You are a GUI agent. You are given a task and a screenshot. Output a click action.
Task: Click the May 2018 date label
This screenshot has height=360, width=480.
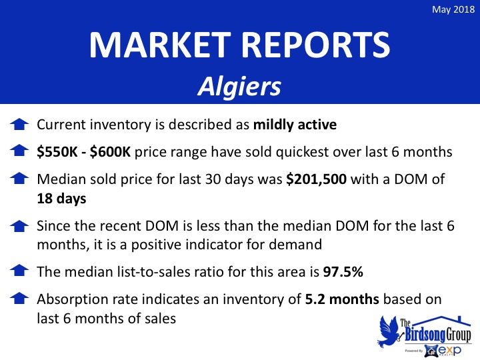(x=453, y=9)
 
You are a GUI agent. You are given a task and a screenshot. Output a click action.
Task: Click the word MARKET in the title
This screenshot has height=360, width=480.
(x=160, y=45)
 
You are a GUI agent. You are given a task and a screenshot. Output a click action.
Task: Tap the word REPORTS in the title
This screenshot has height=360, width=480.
(x=316, y=45)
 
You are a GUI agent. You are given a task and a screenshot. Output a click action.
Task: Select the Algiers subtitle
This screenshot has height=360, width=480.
(x=239, y=86)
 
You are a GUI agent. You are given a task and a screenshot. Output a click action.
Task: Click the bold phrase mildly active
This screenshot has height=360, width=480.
(x=295, y=125)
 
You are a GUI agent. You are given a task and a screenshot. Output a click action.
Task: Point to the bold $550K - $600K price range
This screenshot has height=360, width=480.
(x=83, y=152)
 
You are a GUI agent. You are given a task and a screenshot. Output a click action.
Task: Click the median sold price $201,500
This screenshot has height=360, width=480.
(x=316, y=179)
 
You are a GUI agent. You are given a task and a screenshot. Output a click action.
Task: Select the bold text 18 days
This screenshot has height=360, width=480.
(x=61, y=199)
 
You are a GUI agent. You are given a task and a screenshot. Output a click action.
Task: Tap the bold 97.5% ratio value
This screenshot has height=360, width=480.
(x=343, y=272)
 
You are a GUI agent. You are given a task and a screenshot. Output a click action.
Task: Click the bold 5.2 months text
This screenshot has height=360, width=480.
(x=342, y=299)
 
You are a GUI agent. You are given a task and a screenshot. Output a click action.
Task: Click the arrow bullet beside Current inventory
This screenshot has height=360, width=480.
(x=19, y=124)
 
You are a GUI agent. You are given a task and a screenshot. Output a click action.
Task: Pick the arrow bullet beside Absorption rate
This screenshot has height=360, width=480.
(x=19, y=298)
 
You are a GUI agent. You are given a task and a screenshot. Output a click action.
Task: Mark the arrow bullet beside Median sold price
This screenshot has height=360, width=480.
(x=19, y=178)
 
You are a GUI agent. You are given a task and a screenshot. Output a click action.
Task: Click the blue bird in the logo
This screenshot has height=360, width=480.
(x=388, y=331)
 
